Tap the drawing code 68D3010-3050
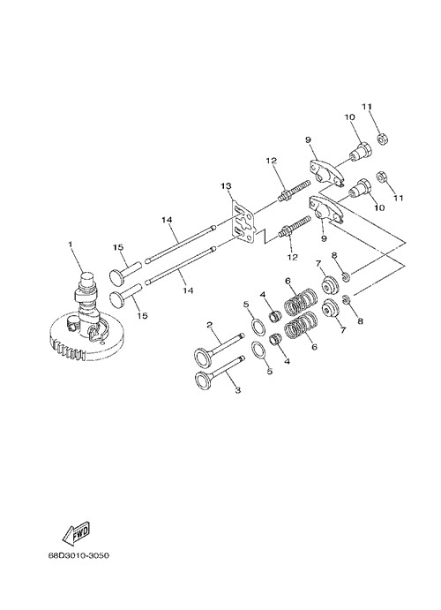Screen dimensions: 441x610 pyautogui.click(x=78, y=554)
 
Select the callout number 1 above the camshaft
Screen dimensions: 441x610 pyautogui.click(x=71, y=245)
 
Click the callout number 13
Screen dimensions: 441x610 pyautogui.click(x=226, y=185)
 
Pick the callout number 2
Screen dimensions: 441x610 pyautogui.click(x=209, y=325)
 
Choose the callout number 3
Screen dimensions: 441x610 pyautogui.click(x=238, y=389)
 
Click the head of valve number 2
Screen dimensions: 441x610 pyautogui.click(x=203, y=357)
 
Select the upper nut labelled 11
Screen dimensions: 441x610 pyautogui.click(x=384, y=139)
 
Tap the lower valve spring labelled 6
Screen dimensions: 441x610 pyautogui.click(x=301, y=325)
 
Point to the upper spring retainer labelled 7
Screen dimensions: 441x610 pyautogui.click(x=331, y=285)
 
